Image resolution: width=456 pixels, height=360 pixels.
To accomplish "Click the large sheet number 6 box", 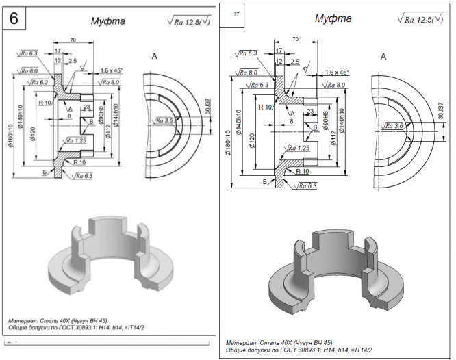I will [14, 18].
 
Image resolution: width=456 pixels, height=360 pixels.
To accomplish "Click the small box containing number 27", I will [236, 14].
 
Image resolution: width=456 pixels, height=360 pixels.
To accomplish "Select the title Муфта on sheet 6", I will [107, 21].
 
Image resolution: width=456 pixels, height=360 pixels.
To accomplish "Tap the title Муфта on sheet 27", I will [333, 18].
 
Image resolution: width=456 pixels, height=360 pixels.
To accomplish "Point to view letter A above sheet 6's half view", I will [155, 56].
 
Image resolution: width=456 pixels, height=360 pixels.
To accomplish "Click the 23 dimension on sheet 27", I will [311, 111].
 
